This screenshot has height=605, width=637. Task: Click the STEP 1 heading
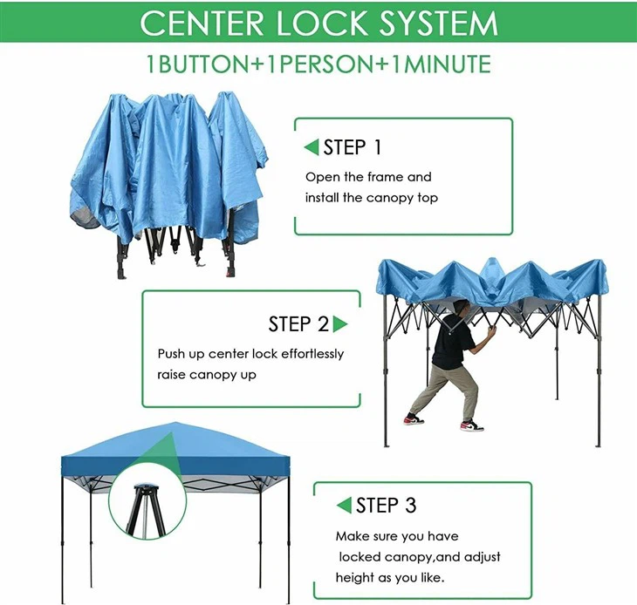pos(352,147)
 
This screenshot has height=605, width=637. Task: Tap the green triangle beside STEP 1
pos(311,147)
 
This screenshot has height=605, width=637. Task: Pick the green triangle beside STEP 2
pos(340,324)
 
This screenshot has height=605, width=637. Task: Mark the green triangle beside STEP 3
pos(344,506)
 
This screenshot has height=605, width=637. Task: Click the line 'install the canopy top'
pos(371,198)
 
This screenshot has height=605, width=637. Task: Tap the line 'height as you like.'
pos(391,578)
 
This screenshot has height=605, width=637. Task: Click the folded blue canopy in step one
pos(166,166)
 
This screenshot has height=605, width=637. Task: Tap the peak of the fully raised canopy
pos(175,425)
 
